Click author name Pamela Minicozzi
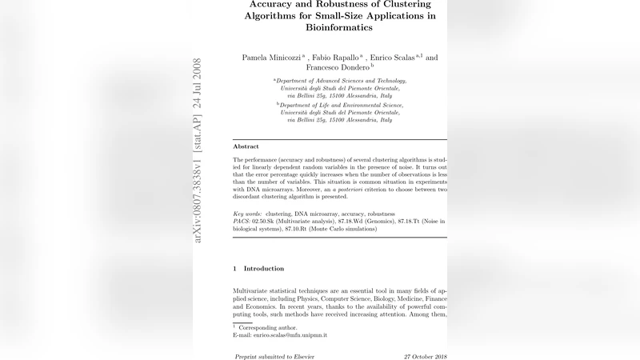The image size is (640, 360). click(x=272, y=58)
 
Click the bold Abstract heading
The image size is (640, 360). click(x=246, y=146)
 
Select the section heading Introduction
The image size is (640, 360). click(x=263, y=269)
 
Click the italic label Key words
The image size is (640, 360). click(x=247, y=214)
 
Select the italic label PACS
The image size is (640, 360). click(x=243, y=221)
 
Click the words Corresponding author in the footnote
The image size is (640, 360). click(x=270, y=328)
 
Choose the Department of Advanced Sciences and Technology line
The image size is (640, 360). click(x=342, y=82)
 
